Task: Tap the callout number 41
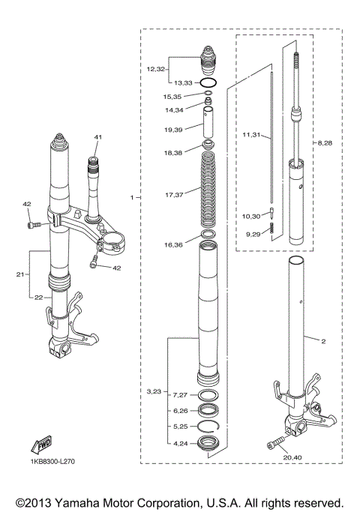click(x=97, y=137)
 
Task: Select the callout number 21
click(x=20, y=274)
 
